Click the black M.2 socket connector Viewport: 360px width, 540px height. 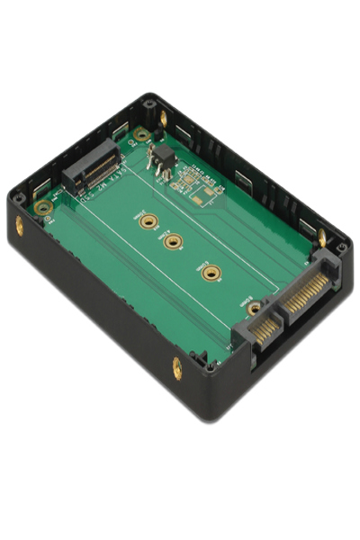tap(91, 168)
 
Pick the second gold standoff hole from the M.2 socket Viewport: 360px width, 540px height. tap(174, 240)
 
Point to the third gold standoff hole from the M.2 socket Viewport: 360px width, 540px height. tap(210, 272)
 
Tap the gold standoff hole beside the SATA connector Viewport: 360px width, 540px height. tap(254, 308)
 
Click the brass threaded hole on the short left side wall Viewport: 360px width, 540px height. tap(20, 226)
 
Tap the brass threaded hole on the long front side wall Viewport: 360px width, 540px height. tap(176, 367)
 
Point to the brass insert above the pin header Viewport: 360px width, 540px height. tap(163, 117)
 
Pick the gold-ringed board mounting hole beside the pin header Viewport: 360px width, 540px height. tap(140, 135)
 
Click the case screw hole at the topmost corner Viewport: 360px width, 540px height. tap(148, 103)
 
